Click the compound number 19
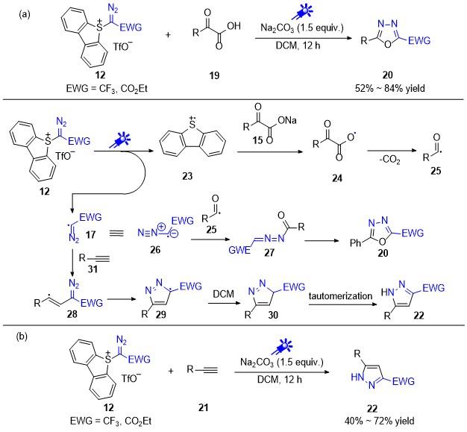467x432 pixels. (214, 75)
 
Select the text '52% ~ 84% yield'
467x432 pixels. (390, 89)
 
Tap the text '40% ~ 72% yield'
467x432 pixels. (380, 421)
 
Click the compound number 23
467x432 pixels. (187, 176)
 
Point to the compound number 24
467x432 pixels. (337, 178)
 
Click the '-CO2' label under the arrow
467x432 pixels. (389, 160)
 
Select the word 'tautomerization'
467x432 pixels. (340, 296)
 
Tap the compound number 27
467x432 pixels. (269, 253)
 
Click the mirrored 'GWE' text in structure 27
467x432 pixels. (239, 250)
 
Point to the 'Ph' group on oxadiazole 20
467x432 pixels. (355, 243)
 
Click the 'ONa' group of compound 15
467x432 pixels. (287, 120)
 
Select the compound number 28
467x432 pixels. (72, 313)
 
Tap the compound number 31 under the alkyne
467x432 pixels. (93, 269)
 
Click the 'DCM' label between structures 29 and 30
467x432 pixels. (223, 294)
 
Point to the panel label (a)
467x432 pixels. (24, 14)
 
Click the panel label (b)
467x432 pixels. (22, 336)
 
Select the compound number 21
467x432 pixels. (203, 407)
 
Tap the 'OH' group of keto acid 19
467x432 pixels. (233, 26)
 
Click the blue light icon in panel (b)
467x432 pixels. (282, 347)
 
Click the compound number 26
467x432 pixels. (155, 249)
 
